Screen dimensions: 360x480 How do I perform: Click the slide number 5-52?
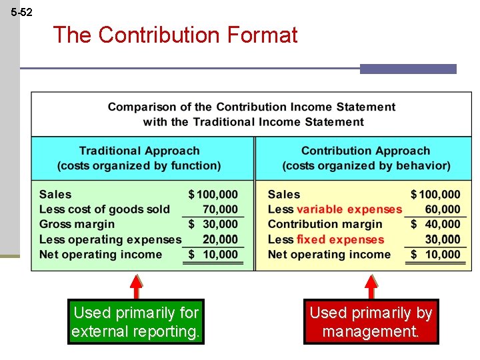coord(22,13)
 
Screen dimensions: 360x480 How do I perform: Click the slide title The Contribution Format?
coord(175,35)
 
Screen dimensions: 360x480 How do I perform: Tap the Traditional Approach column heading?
coord(139,151)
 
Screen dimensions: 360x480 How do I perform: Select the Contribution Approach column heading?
coord(365,151)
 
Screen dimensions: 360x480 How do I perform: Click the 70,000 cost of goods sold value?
coord(220,209)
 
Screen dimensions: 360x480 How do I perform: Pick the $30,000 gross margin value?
coord(213,225)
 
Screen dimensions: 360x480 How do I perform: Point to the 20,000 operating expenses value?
coord(220,239)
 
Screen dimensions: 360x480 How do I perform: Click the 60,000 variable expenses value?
coord(443,209)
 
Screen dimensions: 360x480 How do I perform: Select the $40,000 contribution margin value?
coord(436,225)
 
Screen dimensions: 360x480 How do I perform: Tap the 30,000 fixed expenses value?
coord(443,239)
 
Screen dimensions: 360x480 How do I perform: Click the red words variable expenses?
coord(349,209)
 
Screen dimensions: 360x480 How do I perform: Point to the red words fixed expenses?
coord(341,239)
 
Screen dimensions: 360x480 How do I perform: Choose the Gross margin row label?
coord(77,225)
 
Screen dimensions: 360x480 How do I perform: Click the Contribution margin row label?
coord(325,225)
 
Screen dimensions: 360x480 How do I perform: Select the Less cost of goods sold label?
coord(105,209)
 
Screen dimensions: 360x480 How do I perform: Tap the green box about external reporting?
coord(136,321)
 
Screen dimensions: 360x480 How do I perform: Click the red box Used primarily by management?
coord(371,321)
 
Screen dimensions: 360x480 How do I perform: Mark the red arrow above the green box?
coord(136,286)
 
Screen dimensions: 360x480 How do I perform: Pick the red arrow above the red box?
coord(371,286)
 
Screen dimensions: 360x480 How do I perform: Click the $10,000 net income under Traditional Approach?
coord(213,255)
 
